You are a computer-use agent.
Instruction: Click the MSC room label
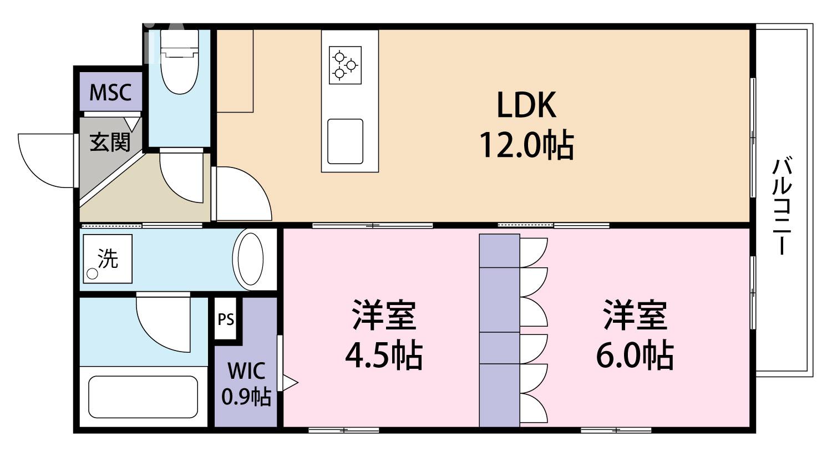[x=110, y=92]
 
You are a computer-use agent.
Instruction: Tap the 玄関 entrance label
[x=110, y=143]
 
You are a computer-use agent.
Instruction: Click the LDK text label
[x=526, y=105]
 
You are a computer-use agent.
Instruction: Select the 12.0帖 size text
[x=526, y=145]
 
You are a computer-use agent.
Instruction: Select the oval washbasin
[x=250, y=260]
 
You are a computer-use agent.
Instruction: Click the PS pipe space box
[x=226, y=319]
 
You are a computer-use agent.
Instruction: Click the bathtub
[x=143, y=397]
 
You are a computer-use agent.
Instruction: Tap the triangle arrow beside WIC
[x=290, y=382]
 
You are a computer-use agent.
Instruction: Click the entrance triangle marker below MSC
[x=132, y=123]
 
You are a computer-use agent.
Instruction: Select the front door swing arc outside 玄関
[x=44, y=161]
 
